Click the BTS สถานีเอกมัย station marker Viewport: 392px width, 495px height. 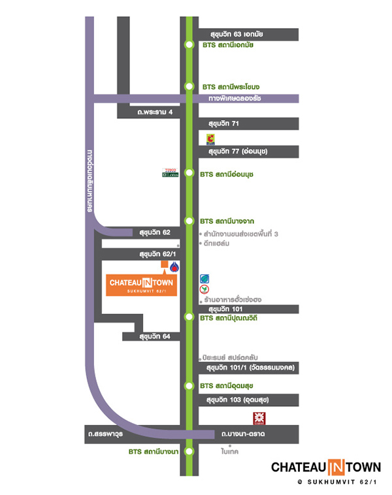189,45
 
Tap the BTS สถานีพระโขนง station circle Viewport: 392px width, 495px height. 189,86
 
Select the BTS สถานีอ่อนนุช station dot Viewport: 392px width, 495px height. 189,174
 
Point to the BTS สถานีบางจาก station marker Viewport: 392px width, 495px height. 189,220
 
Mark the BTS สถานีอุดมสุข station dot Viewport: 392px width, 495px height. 189,386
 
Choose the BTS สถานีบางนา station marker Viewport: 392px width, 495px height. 189,451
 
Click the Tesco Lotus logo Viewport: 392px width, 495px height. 170,173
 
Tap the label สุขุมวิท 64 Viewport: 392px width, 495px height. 154,336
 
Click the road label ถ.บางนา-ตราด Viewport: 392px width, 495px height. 242,434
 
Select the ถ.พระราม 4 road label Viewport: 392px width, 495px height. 151,112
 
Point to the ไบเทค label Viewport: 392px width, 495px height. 230,451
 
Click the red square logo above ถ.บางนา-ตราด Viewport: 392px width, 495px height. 259,418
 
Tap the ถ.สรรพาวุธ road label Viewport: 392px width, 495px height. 108,434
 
